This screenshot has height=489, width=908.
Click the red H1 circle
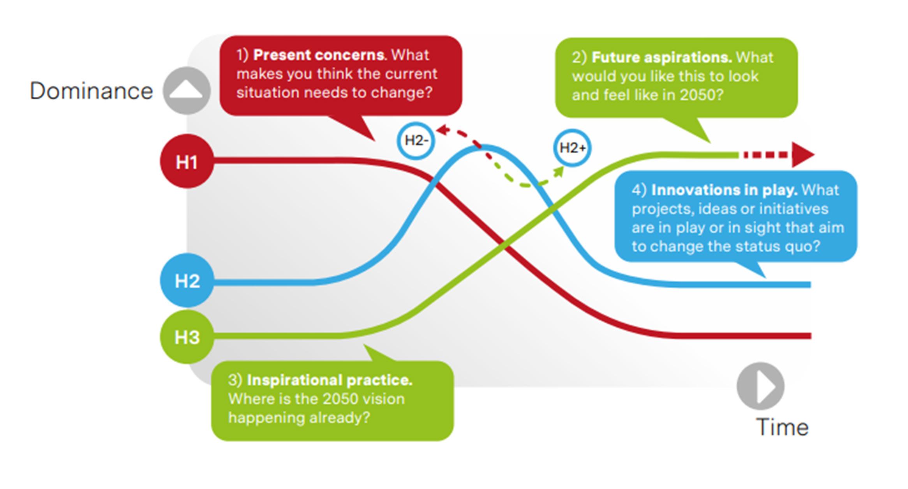point(187,161)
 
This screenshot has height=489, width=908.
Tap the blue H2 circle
point(187,280)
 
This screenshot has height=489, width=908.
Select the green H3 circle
point(187,337)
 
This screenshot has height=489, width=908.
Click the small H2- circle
point(416,140)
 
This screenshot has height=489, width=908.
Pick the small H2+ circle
point(572,148)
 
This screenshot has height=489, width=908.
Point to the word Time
point(782,427)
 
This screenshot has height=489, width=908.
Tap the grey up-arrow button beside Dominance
point(187,90)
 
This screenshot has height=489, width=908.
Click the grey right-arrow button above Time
point(760,386)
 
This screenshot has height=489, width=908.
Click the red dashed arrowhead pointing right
point(802,155)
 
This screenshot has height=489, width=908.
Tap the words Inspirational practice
point(330,380)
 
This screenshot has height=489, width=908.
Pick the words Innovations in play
point(724,190)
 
